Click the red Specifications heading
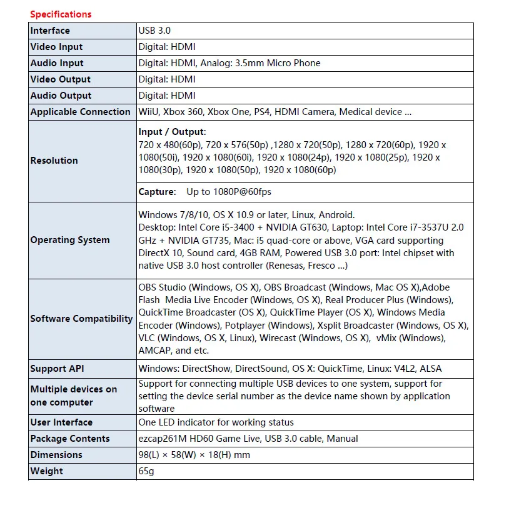coord(61,14)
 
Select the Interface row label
coord(50,31)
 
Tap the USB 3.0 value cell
coord(154,31)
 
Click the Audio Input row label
coord(57,63)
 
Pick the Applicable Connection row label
coord(80,112)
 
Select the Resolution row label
coord(54,161)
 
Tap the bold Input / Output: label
coord(172,132)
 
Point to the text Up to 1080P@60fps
coord(229,192)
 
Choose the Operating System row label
coord(70,240)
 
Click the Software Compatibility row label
coord(81,319)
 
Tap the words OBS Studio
coord(162,287)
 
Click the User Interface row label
coord(61,422)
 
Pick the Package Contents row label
coord(70,439)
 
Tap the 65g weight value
coord(146,471)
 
